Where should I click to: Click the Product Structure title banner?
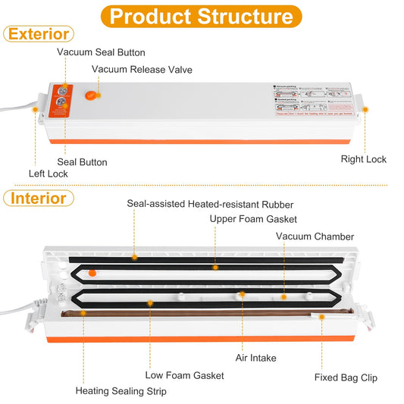[x=202, y=16]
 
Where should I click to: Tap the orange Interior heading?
[x=39, y=199]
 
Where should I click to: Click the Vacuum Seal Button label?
[x=101, y=52]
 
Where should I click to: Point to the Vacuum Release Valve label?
[x=142, y=70]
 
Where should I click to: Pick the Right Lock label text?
[x=364, y=159]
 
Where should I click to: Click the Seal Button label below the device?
[x=82, y=161]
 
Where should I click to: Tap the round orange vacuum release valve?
[x=90, y=96]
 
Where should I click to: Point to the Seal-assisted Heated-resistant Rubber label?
[x=209, y=204]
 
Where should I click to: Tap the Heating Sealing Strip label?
[x=121, y=391]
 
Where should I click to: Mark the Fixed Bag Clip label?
[x=346, y=377]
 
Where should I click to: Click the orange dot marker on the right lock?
[x=365, y=110]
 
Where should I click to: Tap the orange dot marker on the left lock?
[x=34, y=110]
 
